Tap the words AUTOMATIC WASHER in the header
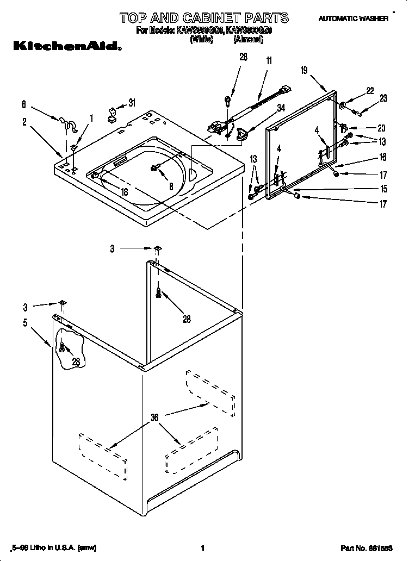353,18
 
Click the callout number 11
268,61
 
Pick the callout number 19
304,70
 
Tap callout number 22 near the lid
370,91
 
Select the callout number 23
383,98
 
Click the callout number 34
281,108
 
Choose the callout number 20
381,128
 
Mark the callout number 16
382,157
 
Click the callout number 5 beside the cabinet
25,322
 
